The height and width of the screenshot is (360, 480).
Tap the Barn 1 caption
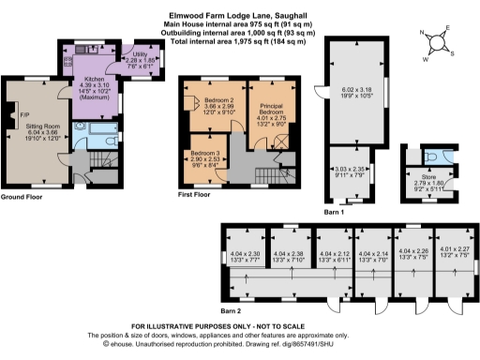(336, 212)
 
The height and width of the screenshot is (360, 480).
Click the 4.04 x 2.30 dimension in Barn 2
(244, 255)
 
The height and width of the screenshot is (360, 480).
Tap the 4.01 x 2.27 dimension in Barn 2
(446, 251)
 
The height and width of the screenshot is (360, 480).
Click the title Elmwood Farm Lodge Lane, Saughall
(239, 15)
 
